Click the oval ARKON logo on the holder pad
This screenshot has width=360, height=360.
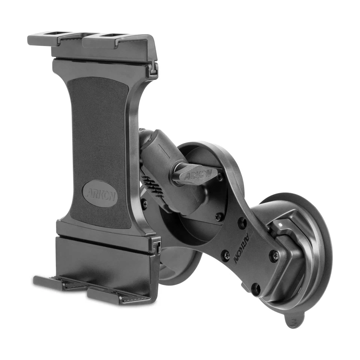coord(100,193)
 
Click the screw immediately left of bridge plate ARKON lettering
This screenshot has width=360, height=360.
coord(226,256)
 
